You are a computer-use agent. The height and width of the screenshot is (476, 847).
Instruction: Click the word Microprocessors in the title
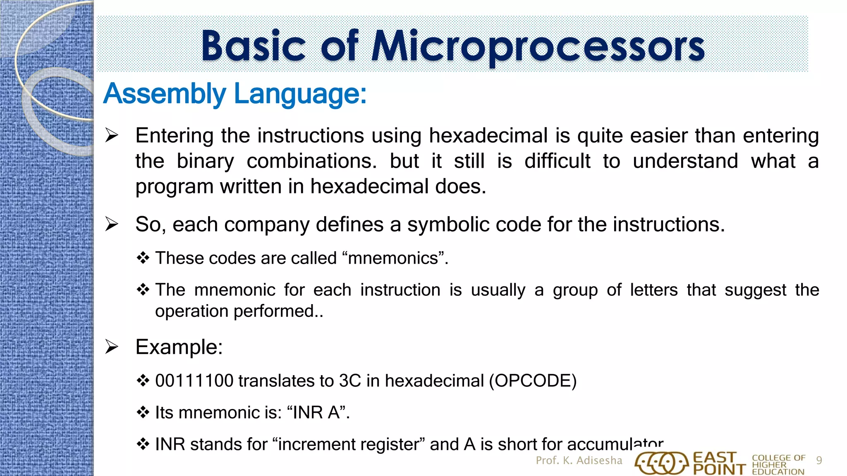(x=538, y=46)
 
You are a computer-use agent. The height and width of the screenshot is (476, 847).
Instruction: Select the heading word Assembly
(x=165, y=94)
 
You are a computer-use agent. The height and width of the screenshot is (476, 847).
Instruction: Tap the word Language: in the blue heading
(x=300, y=94)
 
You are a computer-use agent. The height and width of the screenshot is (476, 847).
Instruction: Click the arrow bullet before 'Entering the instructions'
(x=112, y=136)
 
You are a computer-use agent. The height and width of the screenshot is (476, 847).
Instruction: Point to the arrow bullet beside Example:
(x=112, y=347)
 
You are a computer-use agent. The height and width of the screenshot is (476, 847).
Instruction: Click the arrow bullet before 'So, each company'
(x=112, y=224)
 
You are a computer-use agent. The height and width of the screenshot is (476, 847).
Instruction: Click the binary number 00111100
(x=194, y=381)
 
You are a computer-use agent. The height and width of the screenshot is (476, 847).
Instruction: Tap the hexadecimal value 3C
(x=350, y=381)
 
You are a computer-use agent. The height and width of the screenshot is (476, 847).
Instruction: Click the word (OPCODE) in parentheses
(x=533, y=381)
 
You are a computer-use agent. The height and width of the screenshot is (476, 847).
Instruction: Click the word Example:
(x=179, y=347)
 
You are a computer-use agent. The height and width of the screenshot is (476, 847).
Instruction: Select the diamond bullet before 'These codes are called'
(x=143, y=258)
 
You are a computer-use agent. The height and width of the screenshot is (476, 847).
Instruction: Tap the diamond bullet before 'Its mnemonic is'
(x=143, y=412)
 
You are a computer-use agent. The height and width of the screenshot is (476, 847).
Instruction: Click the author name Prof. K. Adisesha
(x=579, y=460)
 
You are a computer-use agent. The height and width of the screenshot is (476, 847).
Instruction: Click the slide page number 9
(x=819, y=460)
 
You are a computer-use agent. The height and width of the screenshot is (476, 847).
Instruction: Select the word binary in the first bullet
(x=205, y=161)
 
